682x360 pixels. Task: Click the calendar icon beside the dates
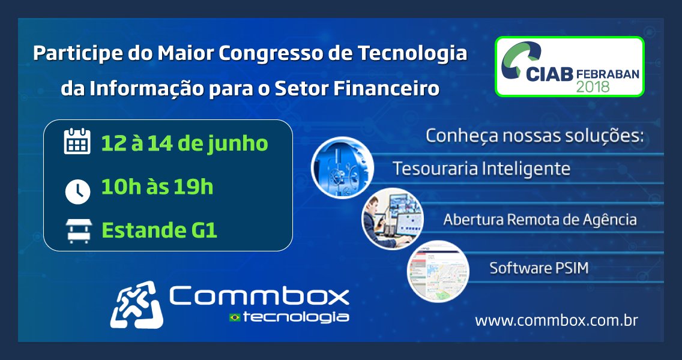point(77,143)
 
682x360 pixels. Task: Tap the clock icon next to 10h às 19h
point(77,191)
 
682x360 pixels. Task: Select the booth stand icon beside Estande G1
point(77,231)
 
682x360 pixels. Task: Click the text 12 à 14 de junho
point(184,143)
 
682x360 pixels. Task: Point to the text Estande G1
point(159,230)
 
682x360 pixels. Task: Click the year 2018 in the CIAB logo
point(593,86)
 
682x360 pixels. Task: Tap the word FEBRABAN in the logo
point(608,73)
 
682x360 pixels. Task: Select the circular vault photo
point(342,167)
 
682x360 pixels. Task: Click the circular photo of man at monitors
point(392,218)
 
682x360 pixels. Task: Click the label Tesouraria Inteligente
point(481,169)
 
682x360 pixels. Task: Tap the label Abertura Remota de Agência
point(540,220)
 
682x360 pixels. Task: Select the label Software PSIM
point(539,268)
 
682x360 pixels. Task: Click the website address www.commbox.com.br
point(556,320)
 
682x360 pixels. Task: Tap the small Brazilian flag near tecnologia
point(234,317)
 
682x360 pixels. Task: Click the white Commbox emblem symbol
point(136,305)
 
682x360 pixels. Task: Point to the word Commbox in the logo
point(259,296)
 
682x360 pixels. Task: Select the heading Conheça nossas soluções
point(534,136)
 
